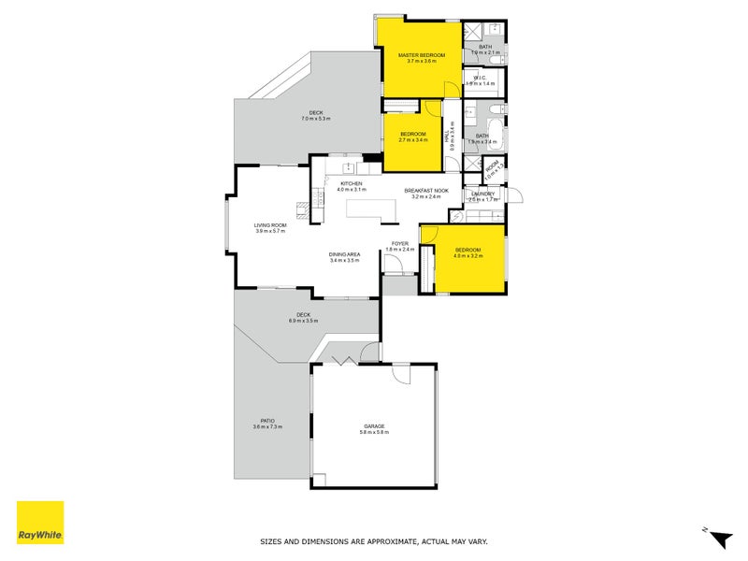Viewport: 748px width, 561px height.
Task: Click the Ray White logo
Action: [x=40, y=523]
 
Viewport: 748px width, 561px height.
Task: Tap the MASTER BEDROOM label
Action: [x=422, y=55]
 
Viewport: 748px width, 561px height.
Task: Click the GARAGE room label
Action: [x=374, y=427]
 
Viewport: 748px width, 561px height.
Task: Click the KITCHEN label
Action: [x=352, y=183]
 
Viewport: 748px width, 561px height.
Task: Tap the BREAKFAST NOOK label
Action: [x=426, y=191]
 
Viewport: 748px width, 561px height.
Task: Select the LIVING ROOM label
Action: [x=270, y=225]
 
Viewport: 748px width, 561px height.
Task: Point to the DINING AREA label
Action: [x=344, y=255]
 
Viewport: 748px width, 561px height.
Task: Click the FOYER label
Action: [x=400, y=243]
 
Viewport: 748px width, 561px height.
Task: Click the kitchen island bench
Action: [x=372, y=211]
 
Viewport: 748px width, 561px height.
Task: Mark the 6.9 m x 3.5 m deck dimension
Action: [x=303, y=321]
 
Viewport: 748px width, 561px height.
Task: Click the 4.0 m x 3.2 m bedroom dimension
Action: [x=467, y=256]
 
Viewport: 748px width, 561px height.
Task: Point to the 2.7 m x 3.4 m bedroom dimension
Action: [x=414, y=139]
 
